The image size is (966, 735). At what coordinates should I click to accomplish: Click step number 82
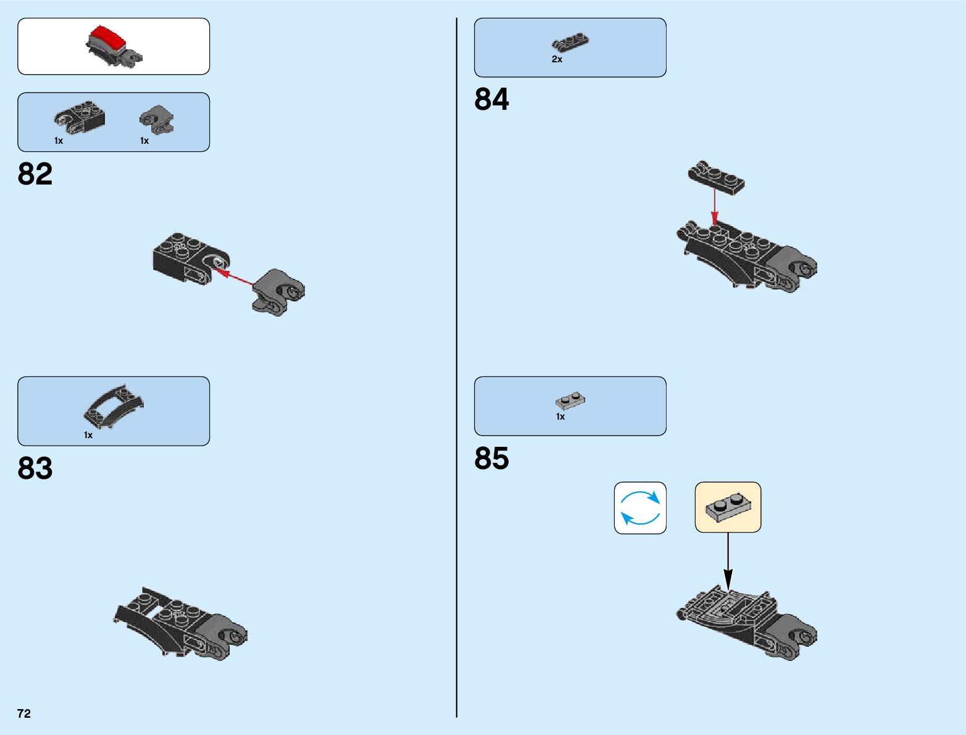pyautogui.click(x=35, y=174)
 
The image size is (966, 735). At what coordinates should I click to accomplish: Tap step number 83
pyautogui.click(x=35, y=468)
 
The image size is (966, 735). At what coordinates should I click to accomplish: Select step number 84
pyautogui.click(x=491, y=99)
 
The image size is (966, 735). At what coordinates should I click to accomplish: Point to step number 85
pyautogui.click(x=491, y=459)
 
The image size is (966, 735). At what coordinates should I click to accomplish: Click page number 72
pyautogui.click(x=24, y=713)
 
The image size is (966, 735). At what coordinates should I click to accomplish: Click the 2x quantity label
pyautogui.click(x=557, y=60)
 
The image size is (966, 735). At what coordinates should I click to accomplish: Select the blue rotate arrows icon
pyautogui.click(x=640, y=508)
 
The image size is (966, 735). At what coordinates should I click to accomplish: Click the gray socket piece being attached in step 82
pyautogui.click(x=278, y=291)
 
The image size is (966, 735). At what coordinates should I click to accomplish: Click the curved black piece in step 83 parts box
pyautogui.click(x=115, y=405)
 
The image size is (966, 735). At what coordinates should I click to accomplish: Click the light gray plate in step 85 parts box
pyautogui.click(x=570, y=401)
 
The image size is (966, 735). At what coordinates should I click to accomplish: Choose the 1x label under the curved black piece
pyautogui.click(x=88, y=435)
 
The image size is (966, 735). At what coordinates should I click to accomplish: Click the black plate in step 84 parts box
pyautogui.click(x=570, y=43)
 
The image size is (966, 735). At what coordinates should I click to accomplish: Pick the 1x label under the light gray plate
pyautogui.click(x=560, y=417)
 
